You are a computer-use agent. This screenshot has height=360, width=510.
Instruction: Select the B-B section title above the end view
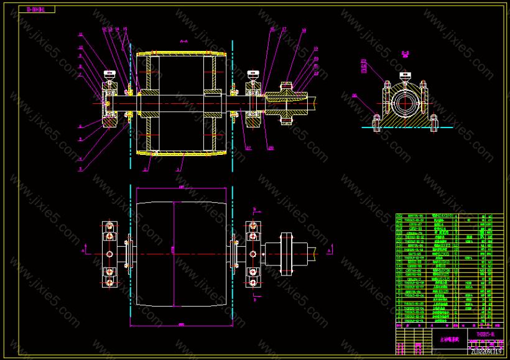coord(405,54)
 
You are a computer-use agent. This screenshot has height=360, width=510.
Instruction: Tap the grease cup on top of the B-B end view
coord(405,78)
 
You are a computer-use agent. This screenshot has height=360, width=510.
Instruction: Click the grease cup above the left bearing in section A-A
coord(110,75)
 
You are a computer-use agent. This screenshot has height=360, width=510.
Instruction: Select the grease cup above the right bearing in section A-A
coord(253,75)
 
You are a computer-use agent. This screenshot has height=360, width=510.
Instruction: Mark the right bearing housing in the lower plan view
coord(253,255)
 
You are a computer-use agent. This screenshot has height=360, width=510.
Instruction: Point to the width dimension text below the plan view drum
coord(181,324)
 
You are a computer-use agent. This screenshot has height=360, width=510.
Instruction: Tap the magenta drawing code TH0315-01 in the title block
coord(484,334)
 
